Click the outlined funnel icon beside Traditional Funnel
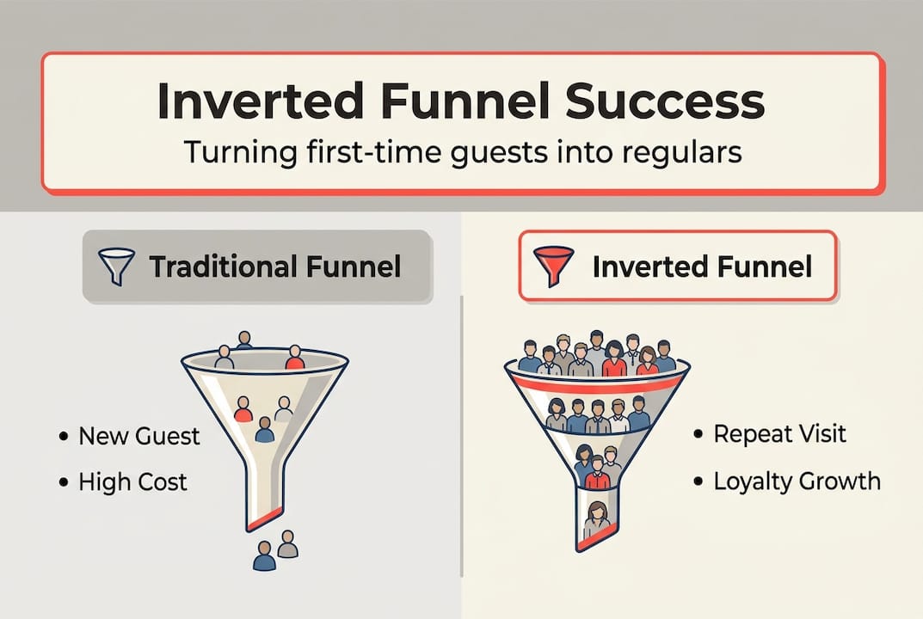[x=118, y=266]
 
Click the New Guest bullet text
[x=138, y=436]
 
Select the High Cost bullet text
[x=132, y=482]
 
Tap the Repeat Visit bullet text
[x=779, y=433]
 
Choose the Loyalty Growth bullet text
[x=797, y=480]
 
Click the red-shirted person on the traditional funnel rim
[x=294, y=358]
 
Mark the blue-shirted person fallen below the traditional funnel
[x=264, y=556]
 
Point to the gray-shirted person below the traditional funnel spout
[x=287, y=543]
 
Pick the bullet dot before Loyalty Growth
[x=698, y=481]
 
